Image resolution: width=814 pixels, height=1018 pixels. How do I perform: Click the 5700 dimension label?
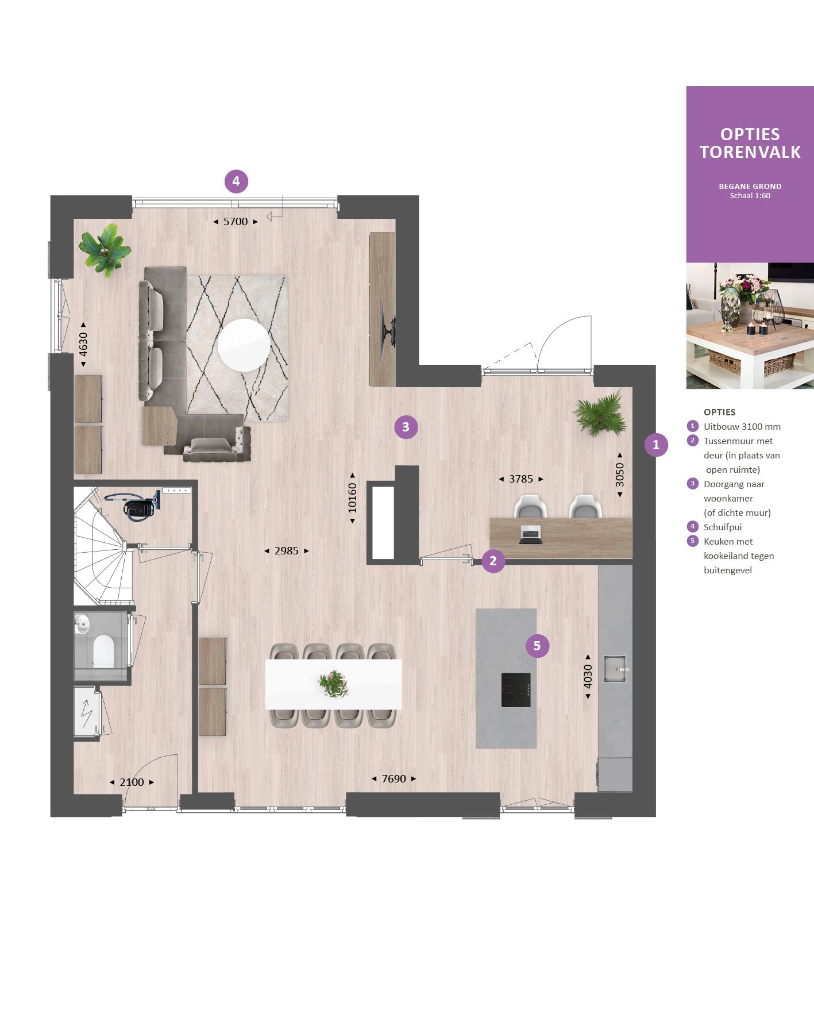[x=236, y=222]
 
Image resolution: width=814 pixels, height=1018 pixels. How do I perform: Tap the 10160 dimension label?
[x=352, y=498]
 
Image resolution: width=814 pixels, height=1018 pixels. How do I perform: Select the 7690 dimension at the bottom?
[x=394, y=779]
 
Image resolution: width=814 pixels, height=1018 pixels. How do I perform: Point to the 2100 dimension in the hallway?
[x=132, y=782]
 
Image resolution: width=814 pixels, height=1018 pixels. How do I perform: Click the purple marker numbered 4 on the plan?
[x=236, y=182]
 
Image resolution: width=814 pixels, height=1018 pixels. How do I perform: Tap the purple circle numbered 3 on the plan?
[x=406, y=427]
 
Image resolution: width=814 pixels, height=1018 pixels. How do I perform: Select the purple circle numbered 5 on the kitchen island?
[x=537, y=646]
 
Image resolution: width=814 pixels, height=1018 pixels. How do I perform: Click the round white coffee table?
[x=244, y=345]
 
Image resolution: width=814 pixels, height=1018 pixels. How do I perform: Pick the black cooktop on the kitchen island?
[x=515, y=689]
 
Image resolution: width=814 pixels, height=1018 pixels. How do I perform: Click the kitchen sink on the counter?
[x=615, y=669]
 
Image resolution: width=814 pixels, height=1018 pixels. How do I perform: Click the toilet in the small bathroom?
[x=104, y=651]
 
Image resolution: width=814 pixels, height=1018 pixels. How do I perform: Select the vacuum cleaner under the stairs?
[x=137, y=506]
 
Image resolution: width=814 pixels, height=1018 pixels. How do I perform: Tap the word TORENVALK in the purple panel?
[x=750, y=152]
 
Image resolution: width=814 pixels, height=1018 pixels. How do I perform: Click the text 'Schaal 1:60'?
[x=750, y=196]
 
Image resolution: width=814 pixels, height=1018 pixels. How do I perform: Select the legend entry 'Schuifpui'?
[x=723, y=527]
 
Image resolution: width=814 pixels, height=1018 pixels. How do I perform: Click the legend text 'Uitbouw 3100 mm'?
[x=742, y=426]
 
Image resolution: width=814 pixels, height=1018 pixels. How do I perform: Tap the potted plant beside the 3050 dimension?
[x=600, y=414]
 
